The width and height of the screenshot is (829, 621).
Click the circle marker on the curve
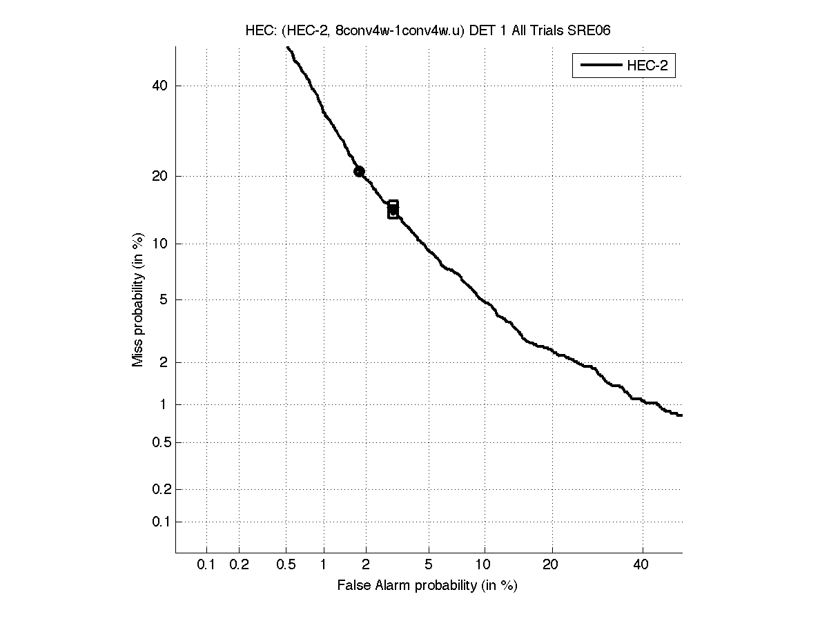[359, 171]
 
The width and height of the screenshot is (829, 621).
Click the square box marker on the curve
[393, 210]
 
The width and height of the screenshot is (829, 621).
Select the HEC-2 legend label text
[647, 66]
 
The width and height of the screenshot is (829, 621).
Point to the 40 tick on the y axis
[161, 86]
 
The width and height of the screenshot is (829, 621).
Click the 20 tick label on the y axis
[161, 176]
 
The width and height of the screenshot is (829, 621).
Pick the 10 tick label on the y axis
[161, 244]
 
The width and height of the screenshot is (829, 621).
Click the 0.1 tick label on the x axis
[206, 565]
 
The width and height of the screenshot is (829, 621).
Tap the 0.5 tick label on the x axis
[286, 565]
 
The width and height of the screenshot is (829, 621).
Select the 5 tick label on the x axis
[429, 565]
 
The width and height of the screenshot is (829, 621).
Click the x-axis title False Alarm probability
[427, 586]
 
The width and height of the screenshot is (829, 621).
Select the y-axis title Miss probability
[138, 300]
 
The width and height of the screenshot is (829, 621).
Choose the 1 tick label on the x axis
[323, 565]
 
